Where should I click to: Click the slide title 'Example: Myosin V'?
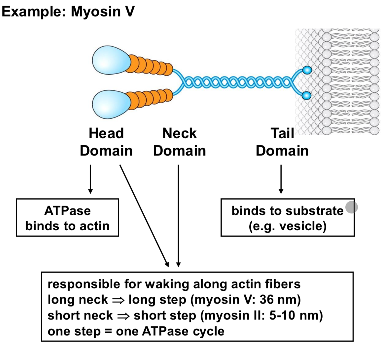click(x=68, y=12)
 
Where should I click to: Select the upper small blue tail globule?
click(x=307, y=70)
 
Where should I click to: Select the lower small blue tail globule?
click(x=307, y=96)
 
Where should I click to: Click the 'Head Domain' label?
click(x=106, y=142)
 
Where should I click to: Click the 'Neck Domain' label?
click(x=179, y=142)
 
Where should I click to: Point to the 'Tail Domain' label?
click(x=282, y=142)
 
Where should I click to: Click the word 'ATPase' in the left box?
click(x=67, y=211)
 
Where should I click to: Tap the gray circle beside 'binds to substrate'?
click(x=351, y=207)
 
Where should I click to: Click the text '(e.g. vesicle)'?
click(x=287, y=226)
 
